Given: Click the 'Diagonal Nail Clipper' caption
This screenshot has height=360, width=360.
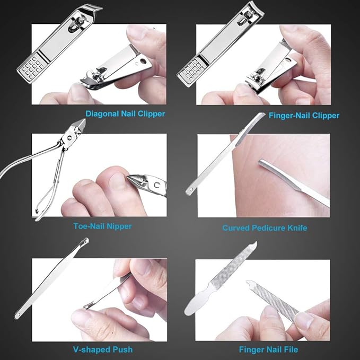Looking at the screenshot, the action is coord(125,114).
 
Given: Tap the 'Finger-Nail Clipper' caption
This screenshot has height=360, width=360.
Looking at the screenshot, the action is coord(304,115).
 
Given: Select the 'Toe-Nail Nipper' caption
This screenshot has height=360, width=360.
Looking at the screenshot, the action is coord(102,226).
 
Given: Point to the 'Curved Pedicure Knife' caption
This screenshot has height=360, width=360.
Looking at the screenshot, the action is coord(265,228).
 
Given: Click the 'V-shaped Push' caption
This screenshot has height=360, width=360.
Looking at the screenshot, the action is coord(103,349).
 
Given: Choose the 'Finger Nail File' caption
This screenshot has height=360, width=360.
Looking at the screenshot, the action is coord(268,349).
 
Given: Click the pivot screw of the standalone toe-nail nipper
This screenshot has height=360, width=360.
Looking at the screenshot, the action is coord(69,138).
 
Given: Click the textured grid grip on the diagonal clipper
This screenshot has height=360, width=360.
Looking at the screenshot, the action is coord(31,67).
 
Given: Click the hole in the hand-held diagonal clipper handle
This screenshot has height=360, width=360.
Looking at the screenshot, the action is coord(143,61).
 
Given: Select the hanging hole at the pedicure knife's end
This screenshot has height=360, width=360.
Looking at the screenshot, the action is coord(189,190).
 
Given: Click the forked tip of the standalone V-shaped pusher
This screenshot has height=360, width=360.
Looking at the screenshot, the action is coord(86,241).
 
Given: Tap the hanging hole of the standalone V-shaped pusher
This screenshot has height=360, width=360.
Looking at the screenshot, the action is coord(16,315).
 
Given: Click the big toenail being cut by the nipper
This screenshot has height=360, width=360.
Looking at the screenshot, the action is coord(118,180).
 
